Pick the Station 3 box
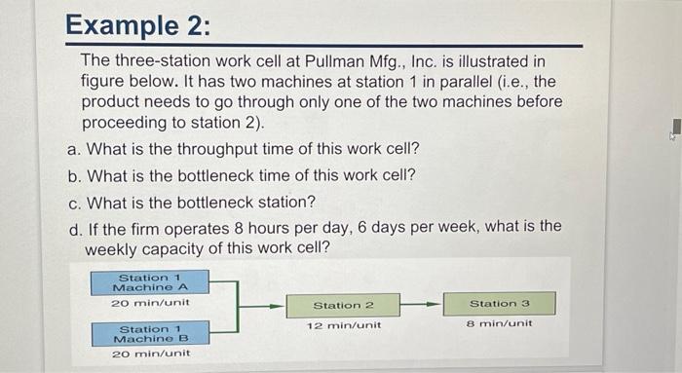coord(499,303)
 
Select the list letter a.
coord(73,149)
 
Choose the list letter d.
coord(73,226)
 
